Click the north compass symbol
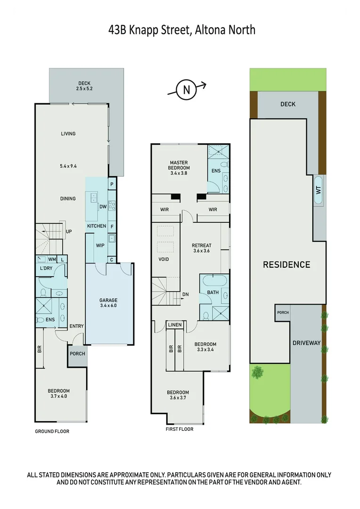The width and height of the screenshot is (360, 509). [x=187, y=90]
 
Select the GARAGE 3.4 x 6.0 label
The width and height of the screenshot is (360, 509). [x=108, y=303]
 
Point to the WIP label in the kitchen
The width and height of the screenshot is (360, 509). [x=100, y=246]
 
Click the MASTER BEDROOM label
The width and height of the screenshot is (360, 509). [x=179, y=167]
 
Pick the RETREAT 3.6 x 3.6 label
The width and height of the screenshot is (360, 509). [x=201, y=248]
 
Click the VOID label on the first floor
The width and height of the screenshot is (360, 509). [x=164, y=259]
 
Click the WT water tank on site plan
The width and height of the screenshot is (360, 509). [x=318, y=190]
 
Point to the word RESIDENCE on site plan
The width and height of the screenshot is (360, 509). [x=286, y=264]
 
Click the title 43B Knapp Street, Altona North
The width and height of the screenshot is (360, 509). [x=182, y=30]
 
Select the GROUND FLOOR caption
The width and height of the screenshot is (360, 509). [x=52, y=431]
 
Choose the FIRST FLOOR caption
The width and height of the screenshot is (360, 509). [x=180, y=429]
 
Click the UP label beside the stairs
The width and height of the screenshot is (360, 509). [x=69, y=231]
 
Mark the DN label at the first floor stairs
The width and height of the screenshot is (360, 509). [x=185, y=295]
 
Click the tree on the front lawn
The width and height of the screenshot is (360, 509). [x=257, y=372]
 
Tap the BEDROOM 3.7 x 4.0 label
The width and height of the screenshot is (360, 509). [x=58, y=394]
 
